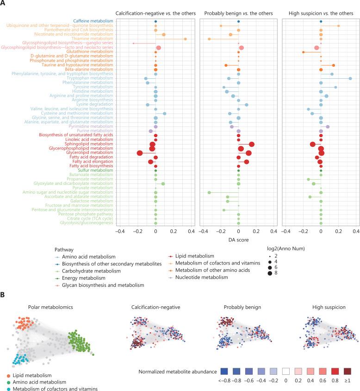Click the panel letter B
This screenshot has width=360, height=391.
pyautogui.click(x=4, y=294)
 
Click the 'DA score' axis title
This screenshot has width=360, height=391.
pyautogui.click(x=238, y=240)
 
